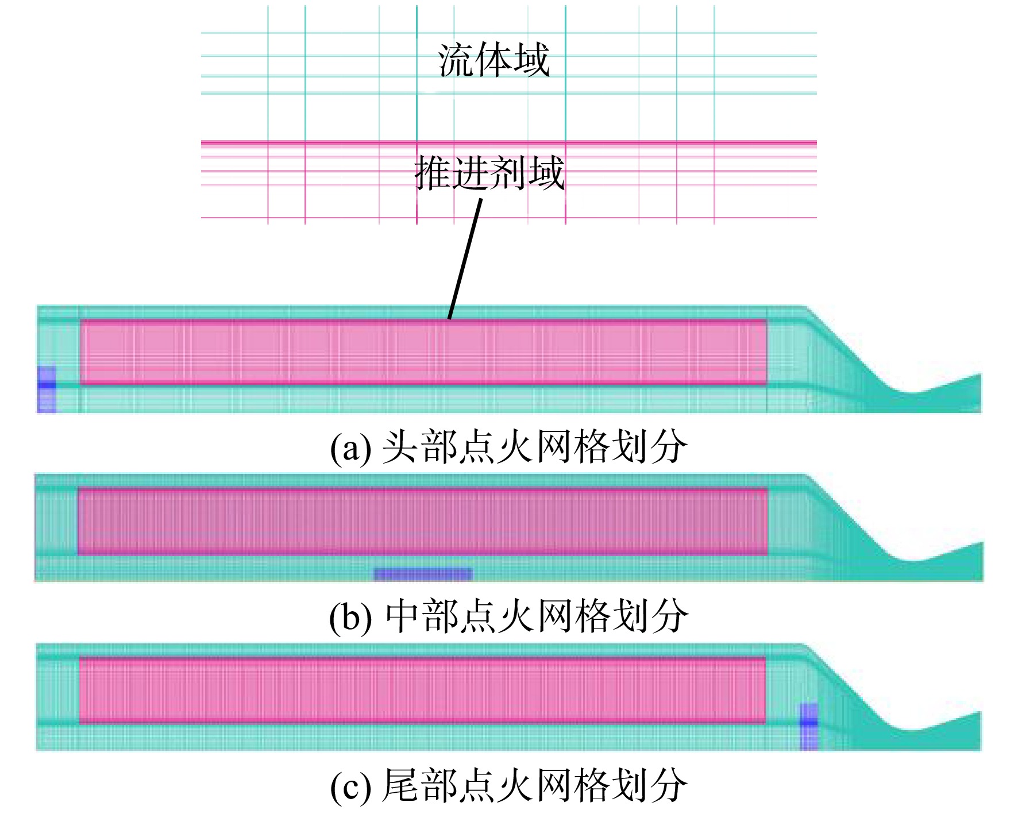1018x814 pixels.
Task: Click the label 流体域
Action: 494,60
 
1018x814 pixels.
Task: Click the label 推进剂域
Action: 489,172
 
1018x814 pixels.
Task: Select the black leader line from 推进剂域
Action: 465,259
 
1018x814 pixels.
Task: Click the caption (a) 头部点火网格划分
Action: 508,446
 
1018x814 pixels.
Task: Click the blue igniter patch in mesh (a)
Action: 47,389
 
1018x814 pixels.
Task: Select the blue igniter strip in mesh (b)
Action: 423,573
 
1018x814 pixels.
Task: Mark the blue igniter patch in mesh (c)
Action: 809,726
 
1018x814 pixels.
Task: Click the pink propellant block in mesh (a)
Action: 423,352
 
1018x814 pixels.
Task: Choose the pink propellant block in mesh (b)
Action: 423,521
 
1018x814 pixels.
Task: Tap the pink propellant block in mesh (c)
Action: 423,690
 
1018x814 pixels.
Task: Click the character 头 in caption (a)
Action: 400,446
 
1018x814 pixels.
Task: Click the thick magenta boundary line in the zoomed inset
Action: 508,142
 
